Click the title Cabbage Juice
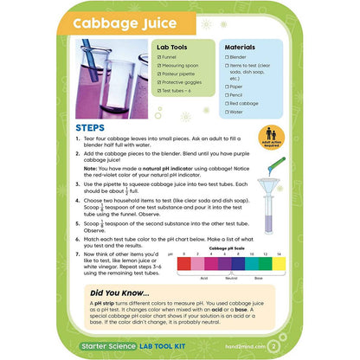(125, 22)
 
